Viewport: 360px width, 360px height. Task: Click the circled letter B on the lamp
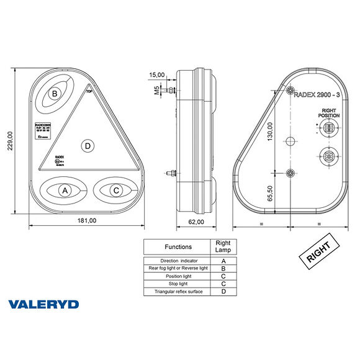(55, 94)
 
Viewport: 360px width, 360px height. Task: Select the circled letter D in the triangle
(88, 146)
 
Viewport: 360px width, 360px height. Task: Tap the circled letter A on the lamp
(64, 190)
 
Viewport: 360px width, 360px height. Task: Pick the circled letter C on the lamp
(116, 190)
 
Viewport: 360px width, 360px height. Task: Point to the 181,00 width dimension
(87, 220)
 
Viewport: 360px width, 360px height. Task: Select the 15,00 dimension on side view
(157, 74)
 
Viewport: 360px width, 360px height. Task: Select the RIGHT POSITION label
(328, 112)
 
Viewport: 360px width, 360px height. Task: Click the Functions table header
(178, 246)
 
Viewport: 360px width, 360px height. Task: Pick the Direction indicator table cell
(178, 261)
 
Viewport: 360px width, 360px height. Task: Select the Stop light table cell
(178, 283)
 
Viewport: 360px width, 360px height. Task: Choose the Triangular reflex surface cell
(178, 291)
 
